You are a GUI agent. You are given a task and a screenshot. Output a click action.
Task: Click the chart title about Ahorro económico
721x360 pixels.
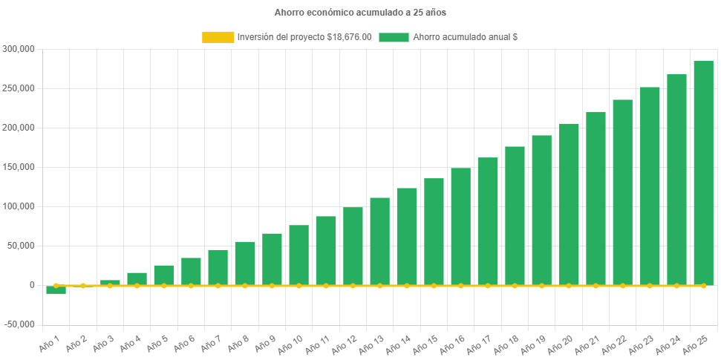[360, 13]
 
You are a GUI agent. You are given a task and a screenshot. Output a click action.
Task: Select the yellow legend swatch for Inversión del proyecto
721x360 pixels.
[218, 37]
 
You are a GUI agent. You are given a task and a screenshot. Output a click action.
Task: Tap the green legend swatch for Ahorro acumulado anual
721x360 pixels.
[394, 37]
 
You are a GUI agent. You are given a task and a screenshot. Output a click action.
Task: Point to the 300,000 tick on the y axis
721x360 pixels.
[19, 49]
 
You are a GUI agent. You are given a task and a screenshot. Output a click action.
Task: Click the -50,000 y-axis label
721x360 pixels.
[19, 324]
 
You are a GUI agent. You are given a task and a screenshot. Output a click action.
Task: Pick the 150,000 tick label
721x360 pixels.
[19, 167]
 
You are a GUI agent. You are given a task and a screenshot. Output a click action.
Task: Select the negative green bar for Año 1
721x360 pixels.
[56, 289]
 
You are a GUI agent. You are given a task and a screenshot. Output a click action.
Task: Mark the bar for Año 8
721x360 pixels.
[245, 264]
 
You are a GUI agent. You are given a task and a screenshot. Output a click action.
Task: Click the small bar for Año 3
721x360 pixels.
[110, 282]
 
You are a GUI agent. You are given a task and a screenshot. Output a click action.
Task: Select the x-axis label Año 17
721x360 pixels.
[478, 342]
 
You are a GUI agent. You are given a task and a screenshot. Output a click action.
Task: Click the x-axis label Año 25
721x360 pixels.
[694, 342]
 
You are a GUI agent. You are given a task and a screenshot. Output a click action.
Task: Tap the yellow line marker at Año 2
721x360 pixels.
[83, 285]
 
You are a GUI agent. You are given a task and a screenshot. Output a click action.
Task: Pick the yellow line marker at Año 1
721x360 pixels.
[56, 285]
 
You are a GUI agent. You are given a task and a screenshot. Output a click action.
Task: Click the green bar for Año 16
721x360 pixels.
[460, 226]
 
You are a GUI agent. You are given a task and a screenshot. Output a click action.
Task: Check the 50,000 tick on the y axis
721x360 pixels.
[22, 246]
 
